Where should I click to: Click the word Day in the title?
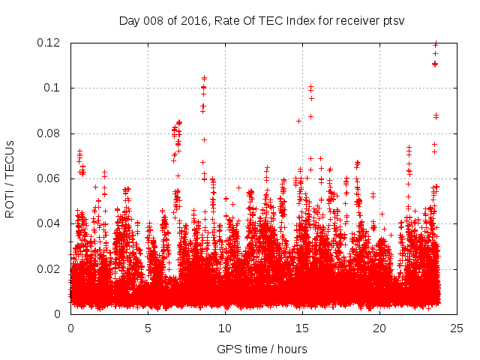(x=129, y=20)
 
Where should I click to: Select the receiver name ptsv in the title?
(x=393, y=20)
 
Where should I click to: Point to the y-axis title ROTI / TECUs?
(x=10, y=178)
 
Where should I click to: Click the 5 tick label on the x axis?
(x=148, y=328)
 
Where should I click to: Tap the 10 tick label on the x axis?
(x=225, y=328)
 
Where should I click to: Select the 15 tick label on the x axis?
(x=302, y=328)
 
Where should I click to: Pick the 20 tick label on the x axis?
(x=379, y=328)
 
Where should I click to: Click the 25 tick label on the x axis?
(x=457, y=328)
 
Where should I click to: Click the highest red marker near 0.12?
(x=435, y=44)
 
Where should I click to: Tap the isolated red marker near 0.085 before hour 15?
(x=299, y=121)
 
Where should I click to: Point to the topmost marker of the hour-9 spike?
(x=204, y=77)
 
